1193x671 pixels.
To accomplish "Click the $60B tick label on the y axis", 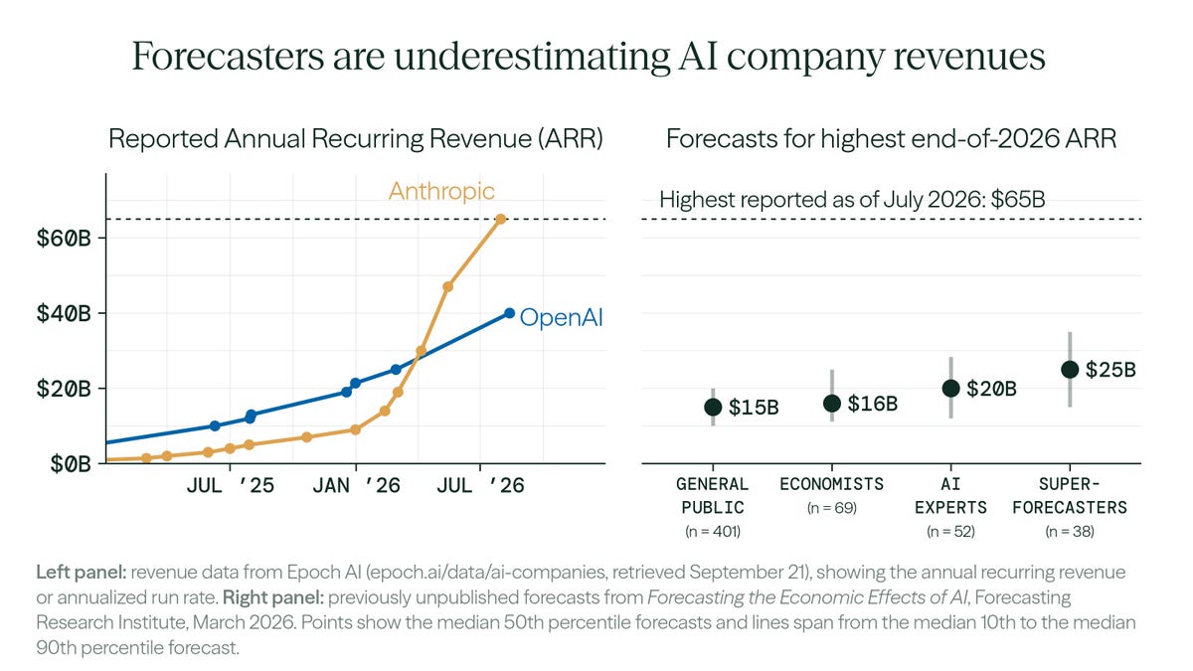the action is [x=64, y=238].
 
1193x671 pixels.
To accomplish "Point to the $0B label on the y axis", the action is [x=71, y=464].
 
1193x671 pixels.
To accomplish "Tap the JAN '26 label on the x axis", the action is [x=356, y=486].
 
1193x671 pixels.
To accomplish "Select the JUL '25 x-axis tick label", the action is [x=230, y=486].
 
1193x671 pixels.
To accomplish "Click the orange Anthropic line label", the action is [x=441, y=191].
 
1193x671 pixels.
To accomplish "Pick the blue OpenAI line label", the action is [x=561, y=317].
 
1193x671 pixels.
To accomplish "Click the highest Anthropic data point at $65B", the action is [x=501, y=219].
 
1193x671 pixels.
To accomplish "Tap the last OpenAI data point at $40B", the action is [x=509, y=313].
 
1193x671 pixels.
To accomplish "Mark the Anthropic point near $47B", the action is [x=448, y=286].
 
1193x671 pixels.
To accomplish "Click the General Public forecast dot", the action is [x=713, y=408].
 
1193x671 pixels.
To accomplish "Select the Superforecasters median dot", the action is [x=1070, y=370].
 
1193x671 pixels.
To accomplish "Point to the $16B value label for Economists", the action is [x=873, y=404].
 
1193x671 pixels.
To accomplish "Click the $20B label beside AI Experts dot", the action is [x=991, y=389].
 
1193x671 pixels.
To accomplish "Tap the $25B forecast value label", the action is [x=1110, y=370].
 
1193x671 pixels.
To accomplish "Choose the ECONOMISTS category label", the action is [x=832, y=484].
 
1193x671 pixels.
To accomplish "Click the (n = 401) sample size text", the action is [x=713, y=532].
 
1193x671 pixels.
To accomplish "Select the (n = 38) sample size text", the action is [x=1070, y=532].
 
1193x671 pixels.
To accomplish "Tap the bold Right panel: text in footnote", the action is [x=273, y=597].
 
